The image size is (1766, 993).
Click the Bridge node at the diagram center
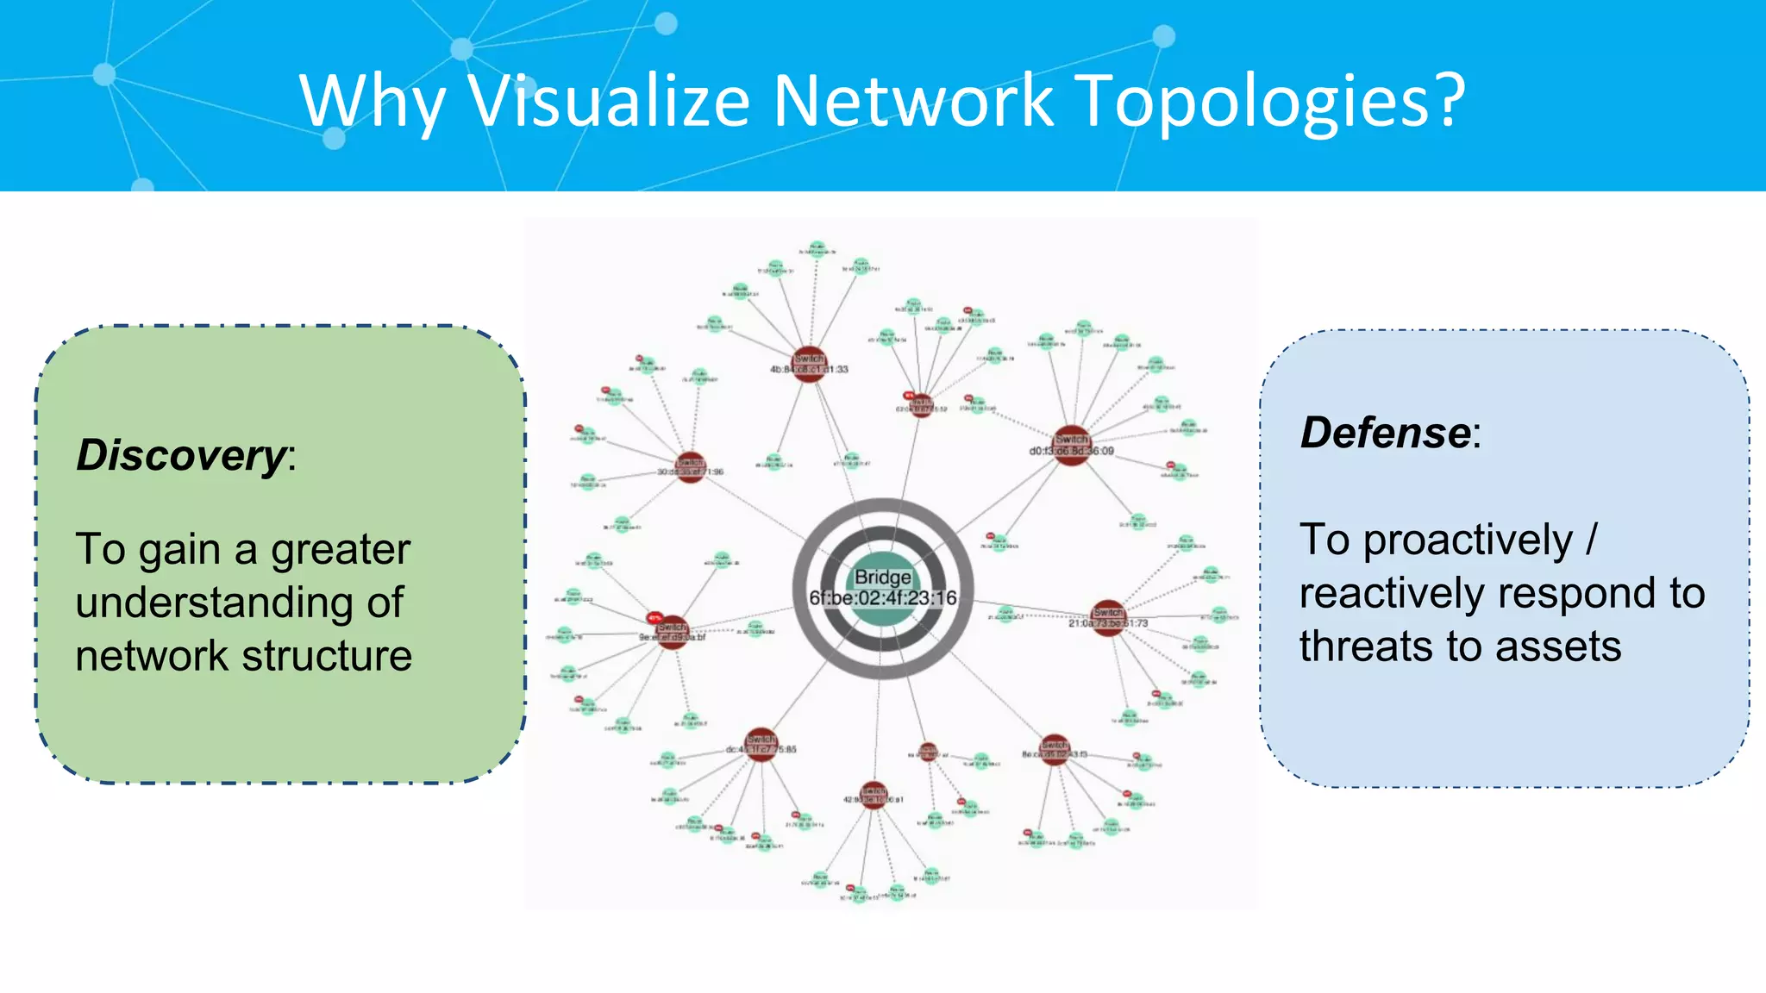tap(883, 589)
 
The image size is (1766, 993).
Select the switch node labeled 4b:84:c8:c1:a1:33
tap(809, 363)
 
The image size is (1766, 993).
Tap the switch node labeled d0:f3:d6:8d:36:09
tap(1072, 445)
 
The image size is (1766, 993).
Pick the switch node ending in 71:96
tap(691, 467)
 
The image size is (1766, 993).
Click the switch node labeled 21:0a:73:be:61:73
tap(1109, 617)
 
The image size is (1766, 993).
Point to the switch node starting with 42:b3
tap(874, 795)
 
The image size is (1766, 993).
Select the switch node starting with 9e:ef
tap(672, 632)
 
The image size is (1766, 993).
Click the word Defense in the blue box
tap(1385, 433)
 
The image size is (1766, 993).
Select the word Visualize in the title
tap(609, 101)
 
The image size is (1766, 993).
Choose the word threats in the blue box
tap(1391, 646)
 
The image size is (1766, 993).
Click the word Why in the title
tap(371, 101)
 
